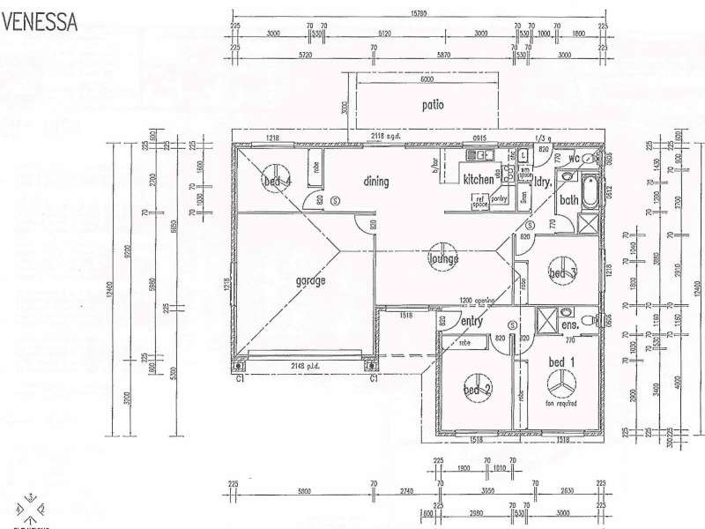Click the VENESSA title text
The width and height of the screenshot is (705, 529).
tap(41, 21)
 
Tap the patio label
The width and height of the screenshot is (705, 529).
tap(432, 106)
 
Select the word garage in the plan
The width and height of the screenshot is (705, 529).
tap(311, 281)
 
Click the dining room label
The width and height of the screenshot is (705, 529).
tap(375, 182)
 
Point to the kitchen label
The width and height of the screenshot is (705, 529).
tap(479, 180)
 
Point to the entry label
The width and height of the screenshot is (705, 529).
tap(472, 323)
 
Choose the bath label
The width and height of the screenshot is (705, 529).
tap(568, 200)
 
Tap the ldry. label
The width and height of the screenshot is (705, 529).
tap(542, 183)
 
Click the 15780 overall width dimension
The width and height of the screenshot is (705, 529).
tap(419, 13)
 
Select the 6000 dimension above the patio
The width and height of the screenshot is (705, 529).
tap(427, 80)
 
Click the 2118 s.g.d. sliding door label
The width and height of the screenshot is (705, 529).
tap(385, 137)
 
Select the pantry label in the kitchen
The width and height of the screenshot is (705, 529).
tap(500, 199)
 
